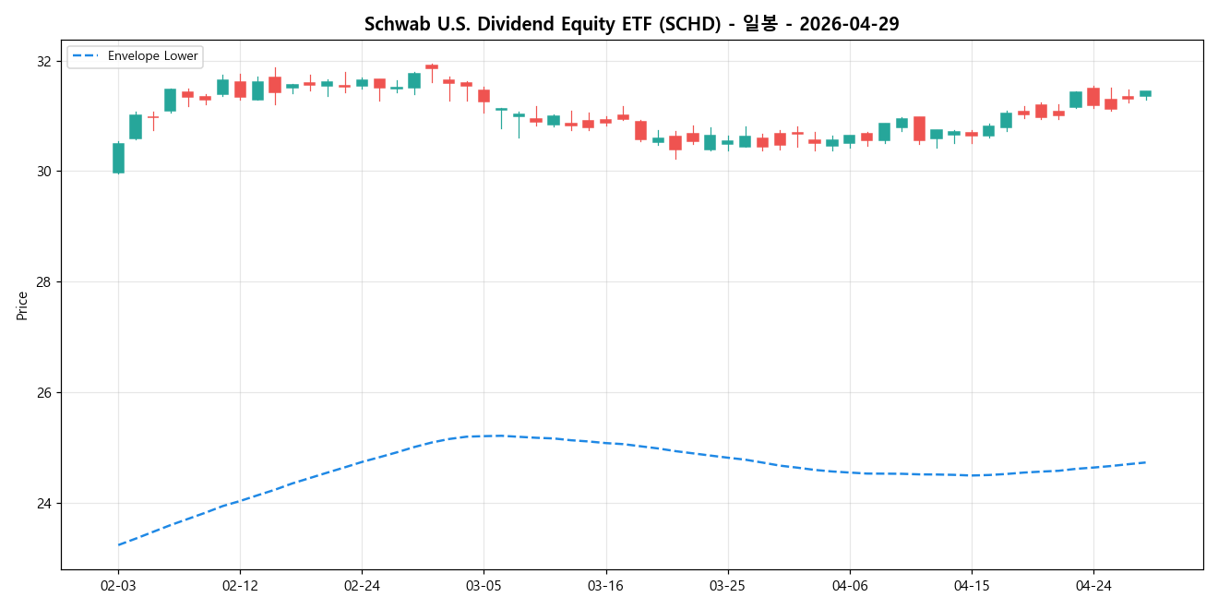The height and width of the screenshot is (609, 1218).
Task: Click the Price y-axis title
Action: (22, 305)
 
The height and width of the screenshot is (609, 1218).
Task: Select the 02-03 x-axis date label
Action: (118, 585)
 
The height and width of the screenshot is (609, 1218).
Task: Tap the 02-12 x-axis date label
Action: (240, 585)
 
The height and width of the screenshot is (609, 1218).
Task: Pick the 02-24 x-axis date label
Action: (362, 585)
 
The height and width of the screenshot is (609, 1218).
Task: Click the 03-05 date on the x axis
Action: (484, 585)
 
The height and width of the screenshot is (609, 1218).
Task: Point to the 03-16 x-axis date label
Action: (605, 585)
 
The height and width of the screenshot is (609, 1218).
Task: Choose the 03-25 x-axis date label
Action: (727, 585)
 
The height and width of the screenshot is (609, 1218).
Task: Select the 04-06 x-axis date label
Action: (850, 585)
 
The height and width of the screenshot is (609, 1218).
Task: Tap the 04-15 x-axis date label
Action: (972, 585)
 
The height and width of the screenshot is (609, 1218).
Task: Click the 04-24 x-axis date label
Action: (1093, 585)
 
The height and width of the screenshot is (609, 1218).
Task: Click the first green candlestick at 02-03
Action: (118, 158)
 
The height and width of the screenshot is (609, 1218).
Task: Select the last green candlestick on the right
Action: (1145, 93)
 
